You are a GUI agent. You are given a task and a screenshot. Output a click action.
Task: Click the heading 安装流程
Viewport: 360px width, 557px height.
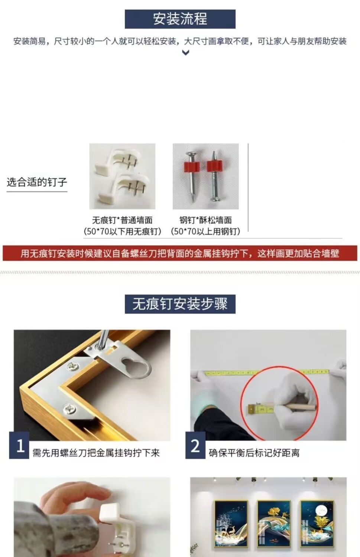coord(180,19)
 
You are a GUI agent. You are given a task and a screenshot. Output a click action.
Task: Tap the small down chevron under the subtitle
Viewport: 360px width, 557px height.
coord(186,52)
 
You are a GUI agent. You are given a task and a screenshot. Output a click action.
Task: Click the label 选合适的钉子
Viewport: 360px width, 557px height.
coord(37,182)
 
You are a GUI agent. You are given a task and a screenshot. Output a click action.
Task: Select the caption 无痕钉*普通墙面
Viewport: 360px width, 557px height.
coord(122,220)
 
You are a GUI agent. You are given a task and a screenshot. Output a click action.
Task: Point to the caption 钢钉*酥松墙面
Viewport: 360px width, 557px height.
coord(205,220)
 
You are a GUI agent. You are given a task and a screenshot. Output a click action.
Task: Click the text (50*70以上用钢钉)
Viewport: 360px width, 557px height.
coord(205,231)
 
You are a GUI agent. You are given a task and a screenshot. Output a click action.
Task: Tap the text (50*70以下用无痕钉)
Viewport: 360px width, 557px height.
coord(122,231)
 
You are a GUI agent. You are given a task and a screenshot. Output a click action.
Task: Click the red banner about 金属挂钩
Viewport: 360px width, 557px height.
coord(180,253)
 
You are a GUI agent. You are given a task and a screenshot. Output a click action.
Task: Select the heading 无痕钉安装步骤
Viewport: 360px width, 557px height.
coord(180,304)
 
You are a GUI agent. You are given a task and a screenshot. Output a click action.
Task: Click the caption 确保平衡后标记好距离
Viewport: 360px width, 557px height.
coord(254,453)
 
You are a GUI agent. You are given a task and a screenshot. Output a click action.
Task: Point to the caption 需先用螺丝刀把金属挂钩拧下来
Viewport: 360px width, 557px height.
coord(96,453)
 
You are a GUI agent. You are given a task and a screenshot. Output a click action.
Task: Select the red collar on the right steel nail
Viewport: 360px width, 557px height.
coord(214,166)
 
